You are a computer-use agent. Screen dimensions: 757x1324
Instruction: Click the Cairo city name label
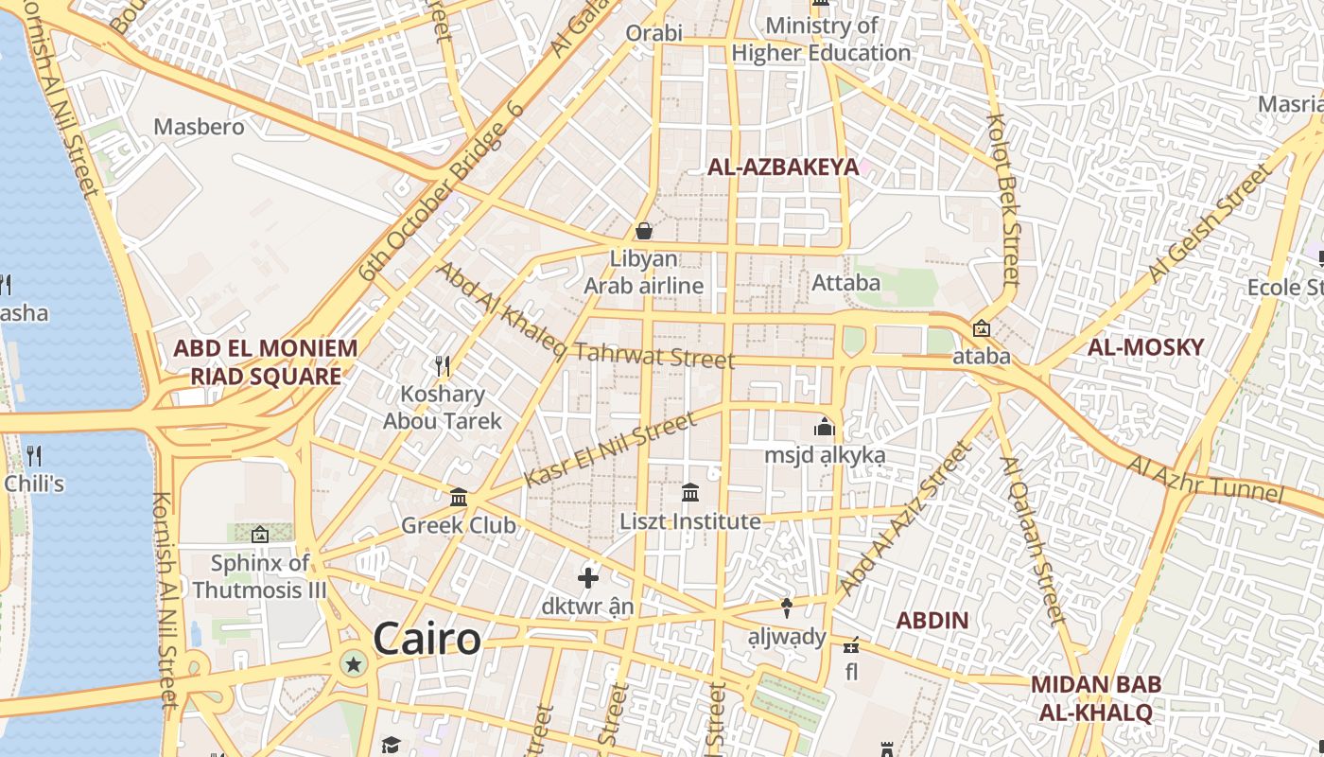427,640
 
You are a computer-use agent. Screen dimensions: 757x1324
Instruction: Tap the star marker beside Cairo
354,664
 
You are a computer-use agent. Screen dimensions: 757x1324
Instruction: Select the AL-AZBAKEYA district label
783,167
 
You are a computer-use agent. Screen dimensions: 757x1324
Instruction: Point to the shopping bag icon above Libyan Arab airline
644,231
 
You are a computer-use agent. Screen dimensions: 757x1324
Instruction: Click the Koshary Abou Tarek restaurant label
443,408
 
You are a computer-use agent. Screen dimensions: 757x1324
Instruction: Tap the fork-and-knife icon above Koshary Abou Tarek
442,364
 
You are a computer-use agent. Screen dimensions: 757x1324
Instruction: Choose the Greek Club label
459,525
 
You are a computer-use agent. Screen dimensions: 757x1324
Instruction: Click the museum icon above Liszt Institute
690,493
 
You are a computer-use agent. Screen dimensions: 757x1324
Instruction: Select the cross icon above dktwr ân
588,577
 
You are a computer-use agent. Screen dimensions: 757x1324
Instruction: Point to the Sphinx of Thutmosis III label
260,576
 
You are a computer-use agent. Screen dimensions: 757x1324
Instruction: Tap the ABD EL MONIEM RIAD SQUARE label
266,362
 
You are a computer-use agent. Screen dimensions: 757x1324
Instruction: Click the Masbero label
199,127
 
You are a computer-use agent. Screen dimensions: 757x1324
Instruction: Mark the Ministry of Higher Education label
821,40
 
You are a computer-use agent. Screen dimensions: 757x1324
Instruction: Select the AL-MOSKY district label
1145,347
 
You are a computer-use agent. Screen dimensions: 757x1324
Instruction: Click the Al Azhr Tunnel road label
1203,479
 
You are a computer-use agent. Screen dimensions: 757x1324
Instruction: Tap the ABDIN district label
932,622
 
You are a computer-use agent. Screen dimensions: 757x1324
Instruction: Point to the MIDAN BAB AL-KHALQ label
1096,698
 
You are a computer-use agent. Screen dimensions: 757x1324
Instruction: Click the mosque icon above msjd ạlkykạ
825,428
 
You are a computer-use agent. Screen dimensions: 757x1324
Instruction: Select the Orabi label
653,34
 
